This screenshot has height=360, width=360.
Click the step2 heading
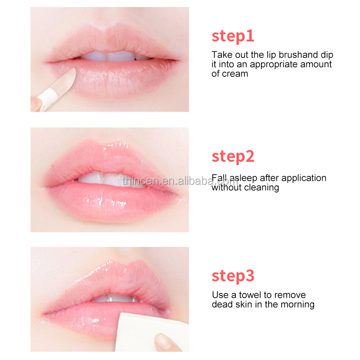tap(233, 157)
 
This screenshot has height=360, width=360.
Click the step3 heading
tap(233, 276)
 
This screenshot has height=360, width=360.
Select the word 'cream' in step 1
tap(236, 73)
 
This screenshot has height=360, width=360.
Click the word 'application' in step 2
tap(303, 178)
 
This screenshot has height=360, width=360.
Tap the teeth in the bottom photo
tap(110, 297)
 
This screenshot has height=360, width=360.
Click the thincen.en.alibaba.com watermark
tap(180, 181)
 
